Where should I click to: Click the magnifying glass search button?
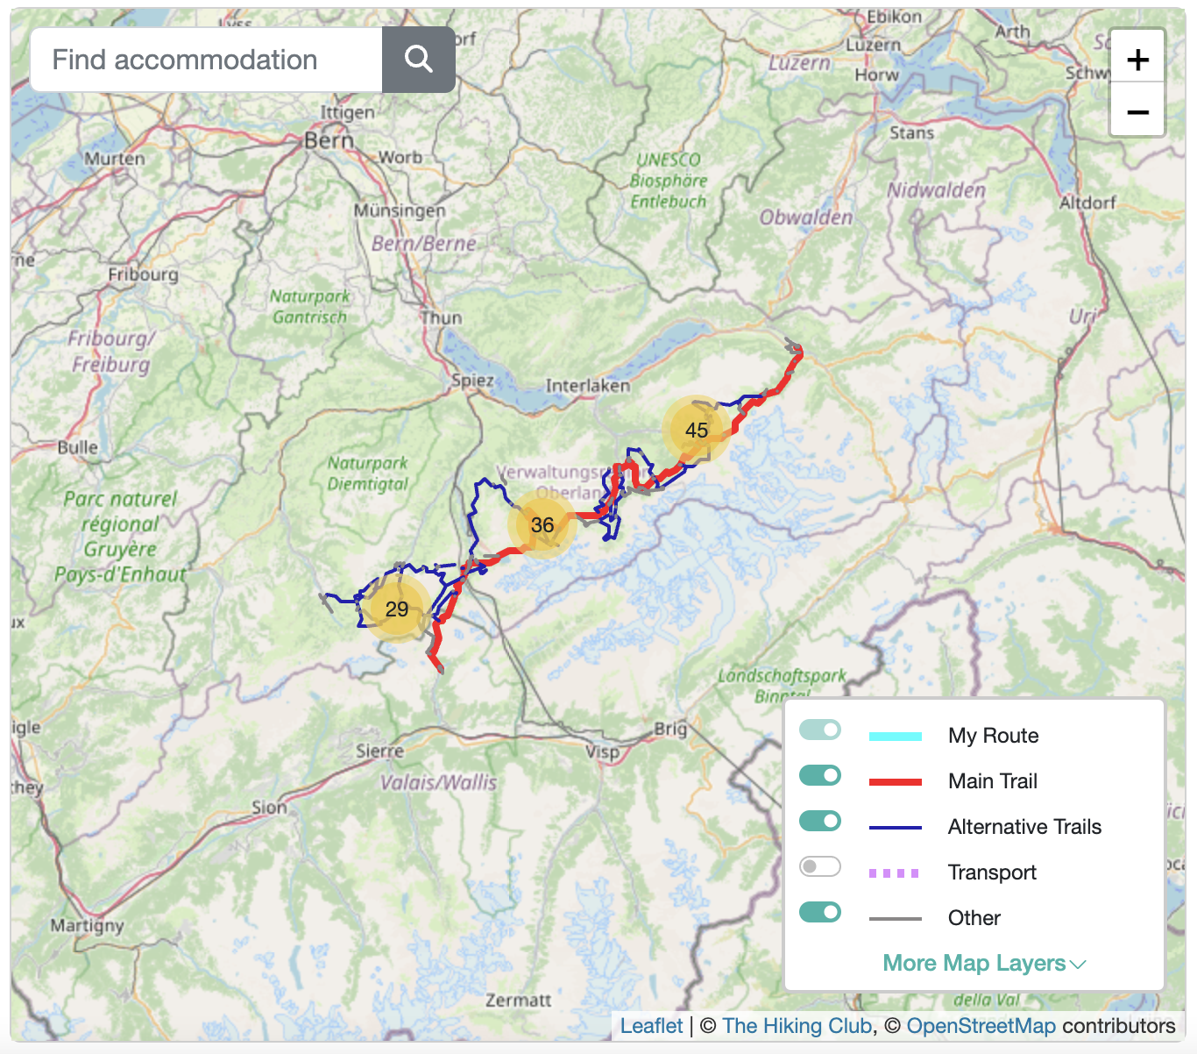[x=418, y=60]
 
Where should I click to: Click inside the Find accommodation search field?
[x=206, y=60]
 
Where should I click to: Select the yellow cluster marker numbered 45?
[x=697, y=430]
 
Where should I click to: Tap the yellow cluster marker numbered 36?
[x=542, y=524]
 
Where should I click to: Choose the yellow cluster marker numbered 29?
[x=397, y=609]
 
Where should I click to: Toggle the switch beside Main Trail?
[x=820, y=775]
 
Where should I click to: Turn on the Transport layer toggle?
[x=820, y=866]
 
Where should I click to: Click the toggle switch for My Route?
[x=820, y=730]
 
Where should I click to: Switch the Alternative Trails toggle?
[x=820, y=821]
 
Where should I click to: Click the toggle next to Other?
[x=820, y=912]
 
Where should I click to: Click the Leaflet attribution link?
[x=651, y=1026]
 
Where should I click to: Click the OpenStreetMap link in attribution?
[x=981, y=1026]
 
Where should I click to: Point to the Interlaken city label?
[x=587, y=386]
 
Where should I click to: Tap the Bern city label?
[x=329, y=140]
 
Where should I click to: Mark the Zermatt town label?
[x=519, y=1001]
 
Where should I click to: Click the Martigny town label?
[x=87, y=926]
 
